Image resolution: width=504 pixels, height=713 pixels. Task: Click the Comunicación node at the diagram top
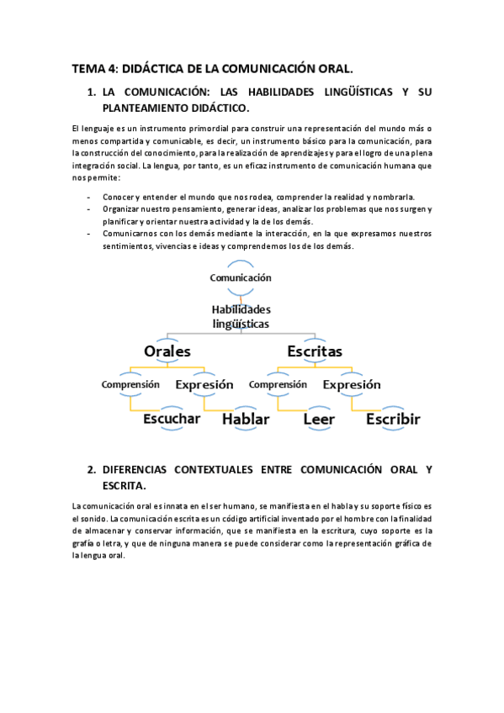[x=241, y=277]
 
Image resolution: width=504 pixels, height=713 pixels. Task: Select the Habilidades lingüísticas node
[x=241, y=316]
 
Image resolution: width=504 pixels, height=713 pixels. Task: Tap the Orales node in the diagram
[x=167, y=351]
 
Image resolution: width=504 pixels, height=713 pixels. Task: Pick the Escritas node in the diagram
[x=315, y=351]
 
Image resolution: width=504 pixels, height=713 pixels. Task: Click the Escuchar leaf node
[x=172, y=419]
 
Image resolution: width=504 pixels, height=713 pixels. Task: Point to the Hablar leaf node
[x=246, y=419]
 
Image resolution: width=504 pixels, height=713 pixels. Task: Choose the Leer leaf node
[x=319, y=419]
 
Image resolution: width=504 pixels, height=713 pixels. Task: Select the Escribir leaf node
[x=393, y=419]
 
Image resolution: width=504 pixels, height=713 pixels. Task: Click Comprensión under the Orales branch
[x=130, y=384]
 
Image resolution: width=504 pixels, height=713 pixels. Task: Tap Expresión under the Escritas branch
[x=352, y=384]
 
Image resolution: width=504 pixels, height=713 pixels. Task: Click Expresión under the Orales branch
[x=204, y=384]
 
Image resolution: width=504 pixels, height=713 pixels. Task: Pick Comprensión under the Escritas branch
[x=279, y=384]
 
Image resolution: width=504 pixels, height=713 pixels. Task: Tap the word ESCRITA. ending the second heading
[x=125, y=486]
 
